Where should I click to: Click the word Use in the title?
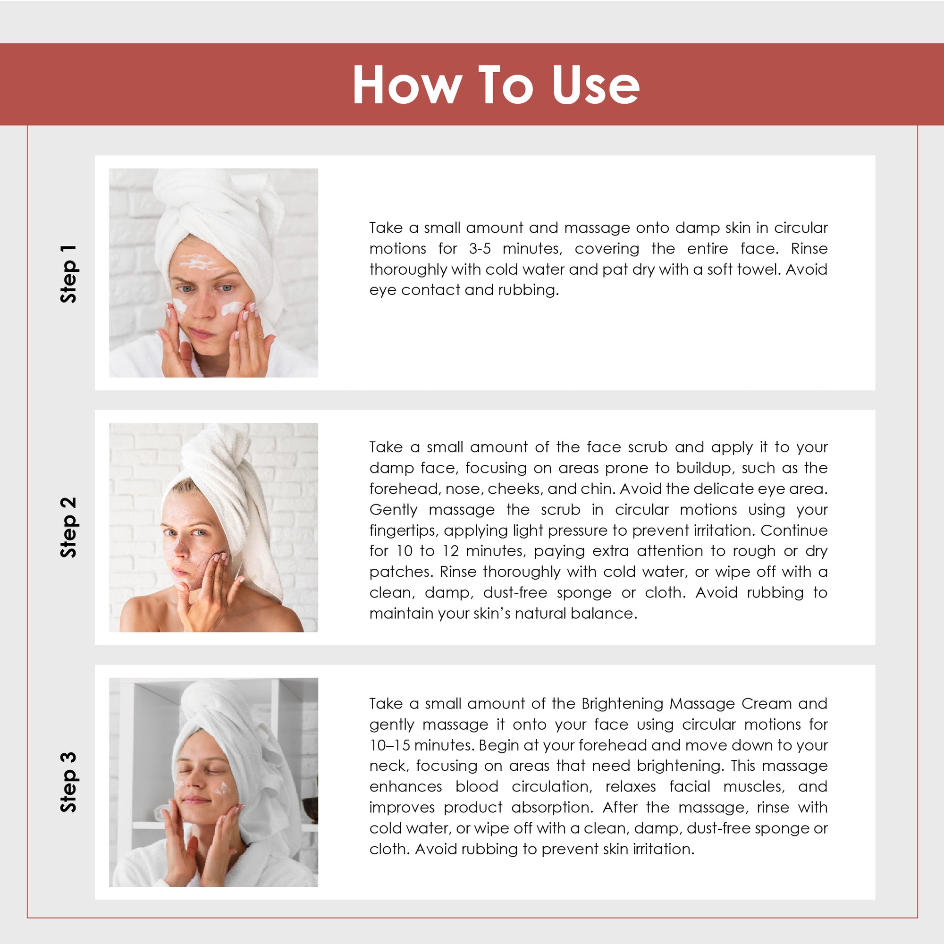tap(596, 85)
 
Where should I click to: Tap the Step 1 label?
tap(68, 274)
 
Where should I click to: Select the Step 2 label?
tap(68, 527)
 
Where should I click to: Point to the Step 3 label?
tap(68, 782)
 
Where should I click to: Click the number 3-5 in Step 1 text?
tap(480, 249)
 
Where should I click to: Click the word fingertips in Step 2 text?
tap(403, 531)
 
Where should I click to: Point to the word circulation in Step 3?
tap(552, 787)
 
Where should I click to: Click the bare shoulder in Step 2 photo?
tap(142, 611)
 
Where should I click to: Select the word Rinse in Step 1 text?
tap(809, 249)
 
